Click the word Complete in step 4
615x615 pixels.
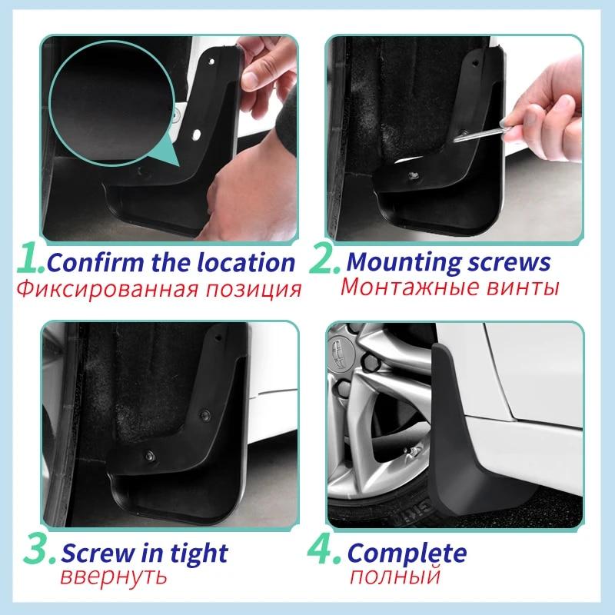coord(407,553)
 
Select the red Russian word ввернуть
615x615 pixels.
coord(113,576)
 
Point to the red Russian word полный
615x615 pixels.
coord(394,576)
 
